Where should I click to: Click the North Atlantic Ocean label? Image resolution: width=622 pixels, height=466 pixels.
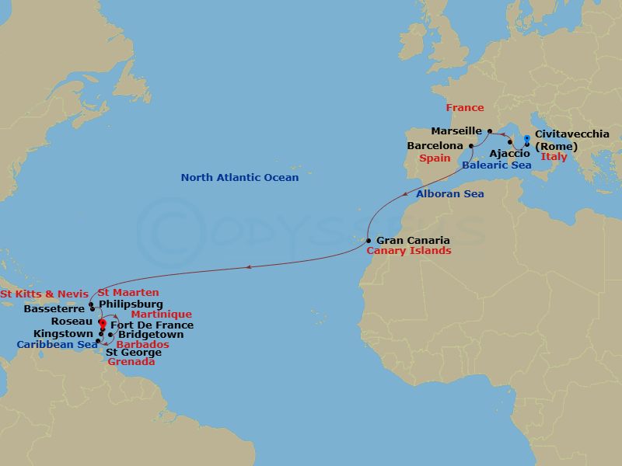pyautogui.click(x=239, y=178)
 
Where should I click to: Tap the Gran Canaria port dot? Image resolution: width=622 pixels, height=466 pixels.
pyautogui.click(x=369, y=241)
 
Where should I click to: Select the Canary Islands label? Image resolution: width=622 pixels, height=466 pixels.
pyautogui.click(x=408, y=252)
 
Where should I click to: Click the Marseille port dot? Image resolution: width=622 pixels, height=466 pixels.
pyautogui.click(x=490, y=131)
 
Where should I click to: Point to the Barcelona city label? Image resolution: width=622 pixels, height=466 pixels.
pyautogui.click(x=435, y=145)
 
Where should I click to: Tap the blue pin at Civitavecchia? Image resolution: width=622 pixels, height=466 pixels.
pyautogui.click(x=527, y=140)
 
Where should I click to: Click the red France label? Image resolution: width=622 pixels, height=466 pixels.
pyautogui.click(x=464, y=108)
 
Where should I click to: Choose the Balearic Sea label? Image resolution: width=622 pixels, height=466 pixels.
pyautogui.click(x=496, y=165)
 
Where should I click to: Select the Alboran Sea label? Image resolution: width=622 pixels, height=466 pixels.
pyautogui.click(x=449, y=194)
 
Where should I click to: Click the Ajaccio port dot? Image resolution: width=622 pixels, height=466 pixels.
pyautogui.click(x=510, y=143)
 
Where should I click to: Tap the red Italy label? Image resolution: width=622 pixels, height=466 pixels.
pyautogui.click(x=554, y=158)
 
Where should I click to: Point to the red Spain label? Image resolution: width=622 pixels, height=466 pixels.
pyautogui.click(x=435, y=158)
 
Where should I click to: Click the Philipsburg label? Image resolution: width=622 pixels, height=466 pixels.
pyautogui.click(x=131, y=304)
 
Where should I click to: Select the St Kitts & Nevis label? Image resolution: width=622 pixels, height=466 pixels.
pyautogui.click(x=44, y=294)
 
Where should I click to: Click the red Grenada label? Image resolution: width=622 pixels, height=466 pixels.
pyautogui.click(x=131, y=362)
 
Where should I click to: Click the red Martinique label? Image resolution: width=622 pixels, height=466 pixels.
pyautogui.click(x=162, y=315)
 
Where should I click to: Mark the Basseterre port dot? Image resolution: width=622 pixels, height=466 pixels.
pyautogui.click(x=92, y=308)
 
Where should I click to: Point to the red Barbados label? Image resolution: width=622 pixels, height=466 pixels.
pyautogui.click(x=142, y=345)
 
